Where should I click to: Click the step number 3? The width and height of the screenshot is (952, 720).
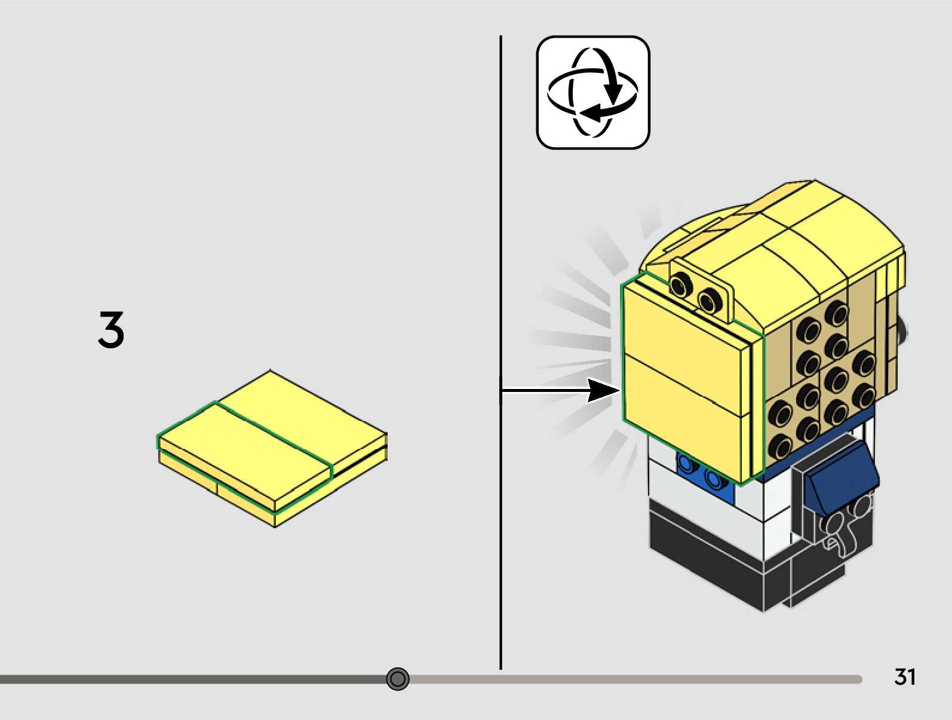[111, 329]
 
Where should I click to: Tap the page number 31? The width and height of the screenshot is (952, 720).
[905, 677]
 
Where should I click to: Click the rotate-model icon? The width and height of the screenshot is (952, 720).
[592, 93]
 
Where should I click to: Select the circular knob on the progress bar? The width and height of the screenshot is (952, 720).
[398, 679]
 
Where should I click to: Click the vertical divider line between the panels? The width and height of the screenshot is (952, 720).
[500, 239]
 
